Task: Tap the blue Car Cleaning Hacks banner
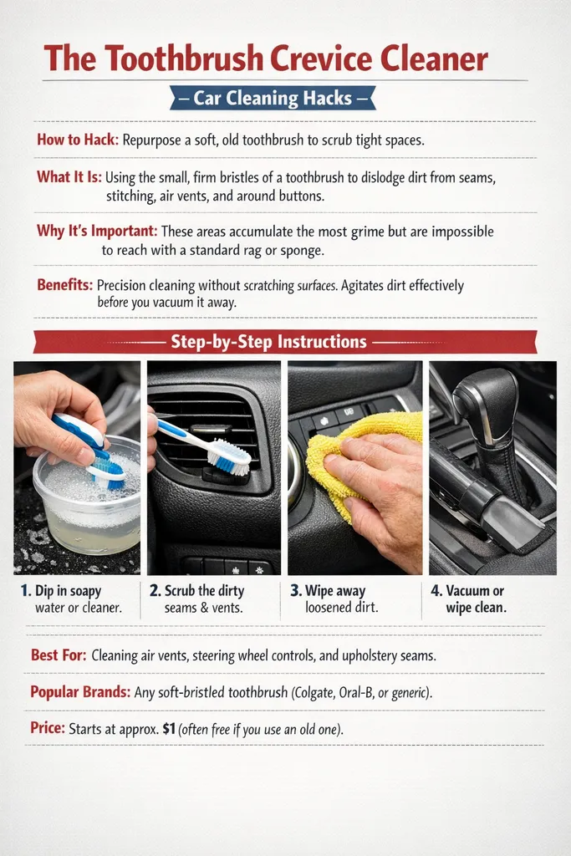[272, 99]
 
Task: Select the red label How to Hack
[77, 140]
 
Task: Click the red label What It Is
[69, 177]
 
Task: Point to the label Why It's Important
[96, 231]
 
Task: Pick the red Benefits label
[64, 285]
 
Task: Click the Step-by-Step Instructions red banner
[268, 342]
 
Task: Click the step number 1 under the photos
[26, 591]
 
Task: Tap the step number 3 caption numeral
[296, 591]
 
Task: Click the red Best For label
[58, 655]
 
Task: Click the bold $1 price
[173, 729]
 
